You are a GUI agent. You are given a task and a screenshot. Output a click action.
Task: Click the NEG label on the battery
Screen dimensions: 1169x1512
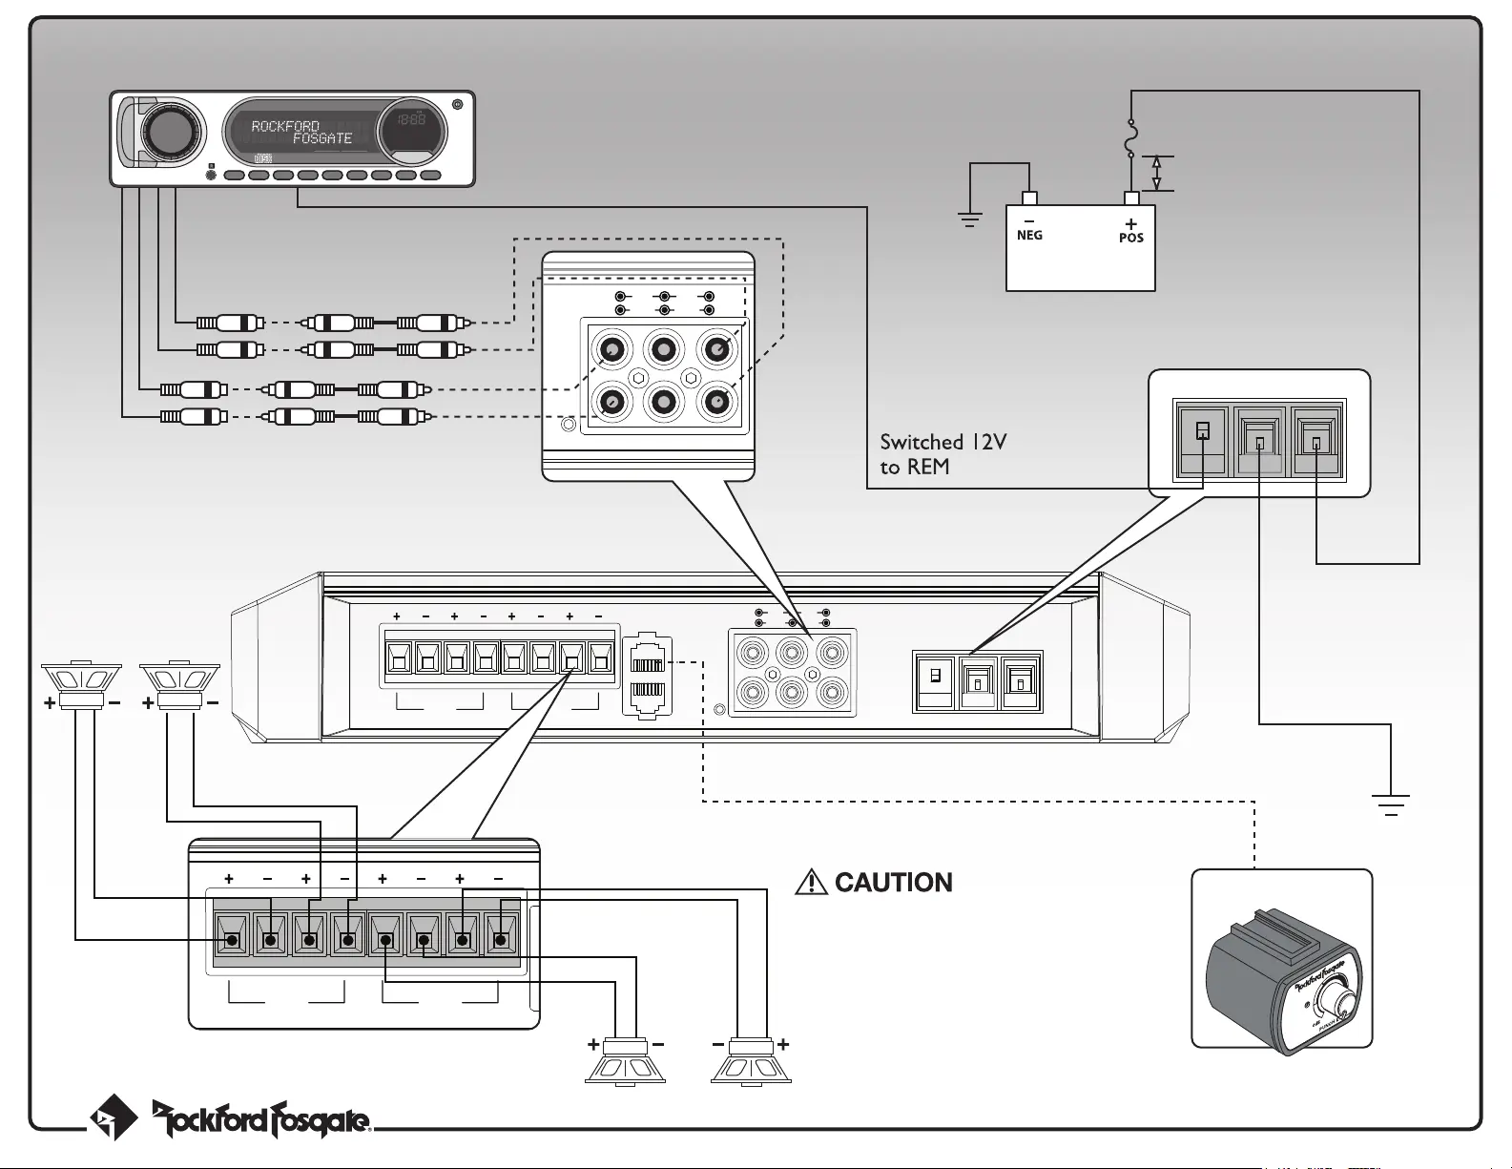[x=1029, y=235]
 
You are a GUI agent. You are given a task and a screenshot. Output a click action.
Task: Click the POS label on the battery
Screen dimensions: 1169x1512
[x=1131, y=238]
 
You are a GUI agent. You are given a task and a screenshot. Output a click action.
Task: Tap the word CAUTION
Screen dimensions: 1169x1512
[x=893, y=883]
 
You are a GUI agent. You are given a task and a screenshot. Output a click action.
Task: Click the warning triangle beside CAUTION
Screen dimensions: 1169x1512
[x=811, y=883]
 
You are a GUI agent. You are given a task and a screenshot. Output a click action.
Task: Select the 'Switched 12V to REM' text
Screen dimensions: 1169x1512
[x=942, y=454]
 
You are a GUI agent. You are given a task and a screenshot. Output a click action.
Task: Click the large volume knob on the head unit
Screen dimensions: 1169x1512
[x=173, y=132]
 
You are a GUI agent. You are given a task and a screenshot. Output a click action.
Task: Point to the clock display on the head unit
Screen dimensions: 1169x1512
[x=411, y=122]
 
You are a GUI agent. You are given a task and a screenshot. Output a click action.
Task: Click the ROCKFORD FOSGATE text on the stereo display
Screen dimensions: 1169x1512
[x=300, y=133]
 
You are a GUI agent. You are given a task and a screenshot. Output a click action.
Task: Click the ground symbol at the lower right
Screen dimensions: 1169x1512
[x=1391, y=804]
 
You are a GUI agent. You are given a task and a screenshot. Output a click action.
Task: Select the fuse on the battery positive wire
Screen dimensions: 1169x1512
[x=1131, y=138]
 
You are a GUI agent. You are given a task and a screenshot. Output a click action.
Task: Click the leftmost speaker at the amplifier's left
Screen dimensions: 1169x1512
[x=81, y=685]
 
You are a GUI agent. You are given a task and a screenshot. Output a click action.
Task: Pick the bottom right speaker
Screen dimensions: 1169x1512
[x=751, y=1061]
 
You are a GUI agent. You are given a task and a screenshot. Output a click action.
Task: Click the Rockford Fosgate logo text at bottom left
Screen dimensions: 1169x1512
[x=261, y=1118]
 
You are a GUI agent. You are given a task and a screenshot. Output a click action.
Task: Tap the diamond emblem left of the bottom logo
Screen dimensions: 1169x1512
[x=113, y=1117]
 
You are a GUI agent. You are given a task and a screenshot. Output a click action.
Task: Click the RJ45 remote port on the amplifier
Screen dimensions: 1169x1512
[x=648, y=676]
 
